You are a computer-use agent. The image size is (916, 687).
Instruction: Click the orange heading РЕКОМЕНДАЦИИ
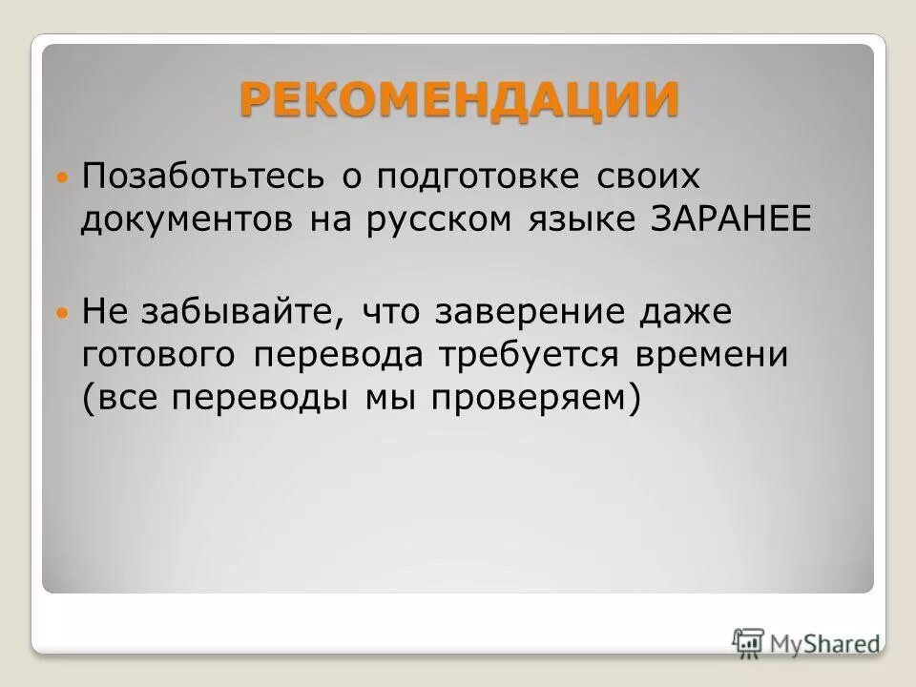[x=459, y=99]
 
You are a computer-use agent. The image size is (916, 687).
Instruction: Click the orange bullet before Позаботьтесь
[x=63, y=178]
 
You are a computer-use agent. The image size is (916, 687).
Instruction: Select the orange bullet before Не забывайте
[x=63, y=313]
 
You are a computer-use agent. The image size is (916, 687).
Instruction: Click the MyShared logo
[x=807, y=642]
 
